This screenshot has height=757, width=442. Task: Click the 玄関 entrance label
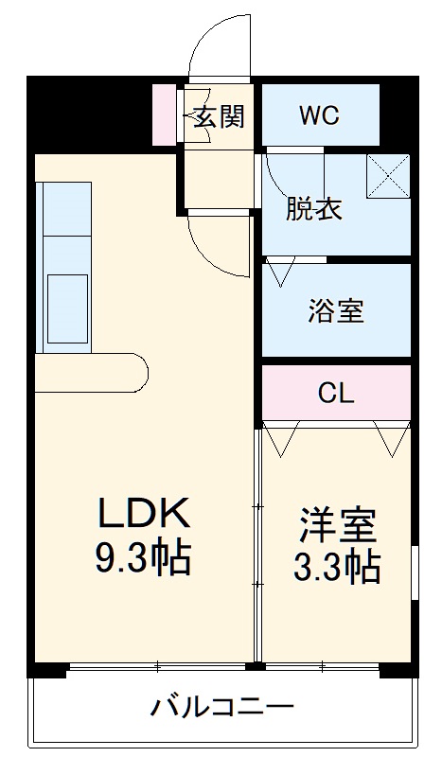tap(220, 116)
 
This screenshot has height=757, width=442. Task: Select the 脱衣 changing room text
tap(314, 208)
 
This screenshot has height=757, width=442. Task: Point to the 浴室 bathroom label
tap(336, 310)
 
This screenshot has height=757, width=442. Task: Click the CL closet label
tap(336, 392)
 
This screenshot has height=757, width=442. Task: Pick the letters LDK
tap(147, 516)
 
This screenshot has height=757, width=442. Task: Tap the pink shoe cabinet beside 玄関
tap(165, 115)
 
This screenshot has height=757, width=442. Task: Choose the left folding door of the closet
tap(282, 438)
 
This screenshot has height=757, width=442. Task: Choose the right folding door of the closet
tap(390, 438)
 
